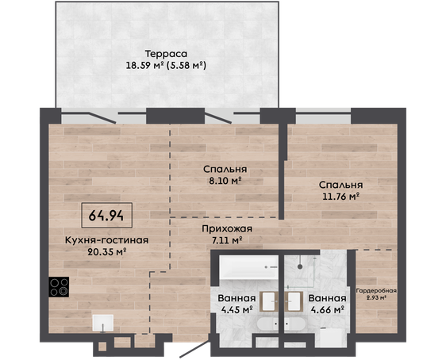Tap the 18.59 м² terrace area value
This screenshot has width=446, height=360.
point(144,66)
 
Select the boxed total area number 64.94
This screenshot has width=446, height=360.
point(106,216)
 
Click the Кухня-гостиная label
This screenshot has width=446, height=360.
point(106,240)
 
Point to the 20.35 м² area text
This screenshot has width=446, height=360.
point(106,251)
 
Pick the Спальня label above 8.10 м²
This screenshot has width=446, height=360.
point(225,170)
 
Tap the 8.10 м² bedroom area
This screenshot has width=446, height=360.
point(225,181)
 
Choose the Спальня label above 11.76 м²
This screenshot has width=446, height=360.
point(340,185)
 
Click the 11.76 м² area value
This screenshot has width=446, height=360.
point(340,197)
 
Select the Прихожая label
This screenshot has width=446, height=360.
point(227,228)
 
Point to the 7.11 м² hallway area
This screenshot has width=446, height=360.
point(227,240)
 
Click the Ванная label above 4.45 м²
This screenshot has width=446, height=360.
point(236,298)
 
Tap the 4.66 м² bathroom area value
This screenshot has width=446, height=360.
point(327,310)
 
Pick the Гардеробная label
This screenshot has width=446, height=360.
point(376,291)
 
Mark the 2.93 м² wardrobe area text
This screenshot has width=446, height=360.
point(376,297)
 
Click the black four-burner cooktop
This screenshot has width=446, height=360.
point(59,287)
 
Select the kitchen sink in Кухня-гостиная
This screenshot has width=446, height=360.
point(102,323)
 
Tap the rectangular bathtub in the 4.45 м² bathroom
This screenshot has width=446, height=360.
point(248,267)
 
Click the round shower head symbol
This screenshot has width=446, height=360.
point(300,266)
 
